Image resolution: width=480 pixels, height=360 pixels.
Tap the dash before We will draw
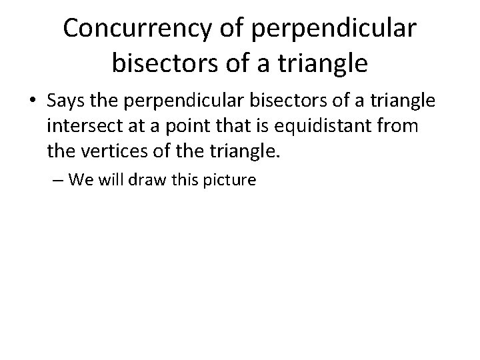click(x=56, y=180)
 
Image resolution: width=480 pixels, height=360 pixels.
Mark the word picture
click(x=230, y=180)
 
